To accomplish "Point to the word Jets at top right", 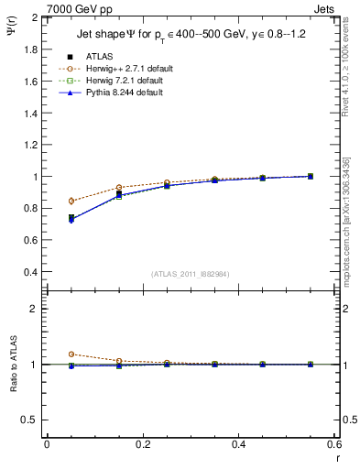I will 325,8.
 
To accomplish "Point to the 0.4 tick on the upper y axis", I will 31,272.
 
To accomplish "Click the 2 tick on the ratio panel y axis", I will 35,309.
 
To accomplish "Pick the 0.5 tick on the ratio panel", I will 31,420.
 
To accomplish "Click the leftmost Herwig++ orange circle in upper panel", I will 71,201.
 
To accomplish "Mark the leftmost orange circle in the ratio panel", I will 71,354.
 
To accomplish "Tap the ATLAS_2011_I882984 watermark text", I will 191,274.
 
